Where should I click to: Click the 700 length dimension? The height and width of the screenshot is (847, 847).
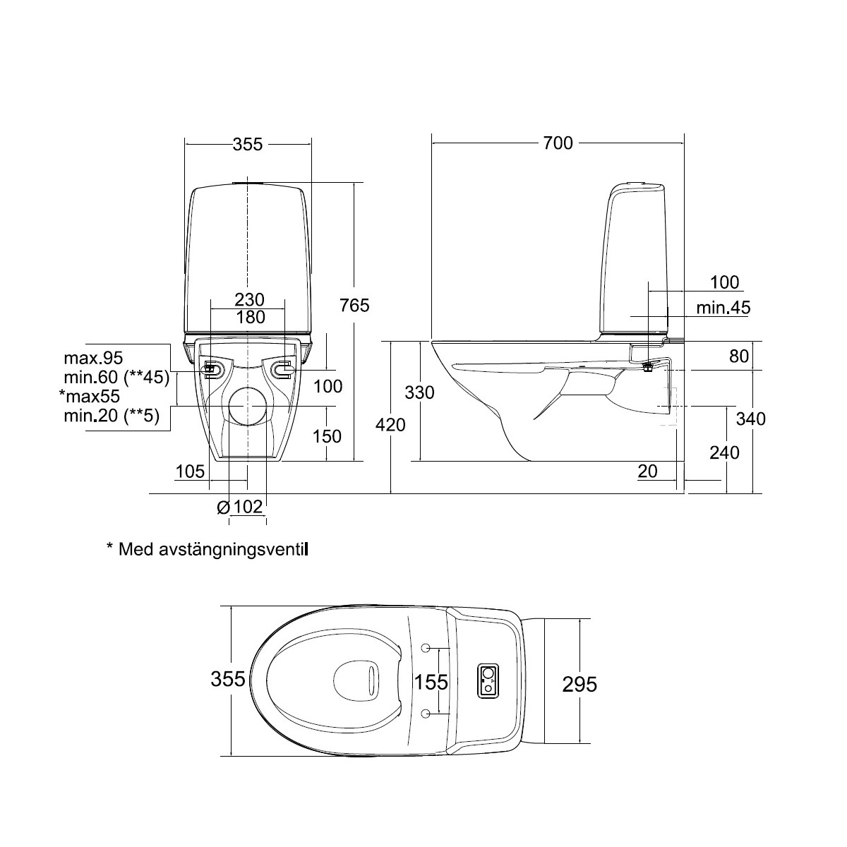click(558, 143)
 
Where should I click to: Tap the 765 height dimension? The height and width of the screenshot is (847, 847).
click(354, 305)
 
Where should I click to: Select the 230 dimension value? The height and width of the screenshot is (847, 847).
click(249, 300)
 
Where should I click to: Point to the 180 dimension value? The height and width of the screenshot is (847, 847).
click(251, 317)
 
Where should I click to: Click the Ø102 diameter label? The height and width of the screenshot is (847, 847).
click(239, 507)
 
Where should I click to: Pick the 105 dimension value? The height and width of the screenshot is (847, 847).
click(190, 471)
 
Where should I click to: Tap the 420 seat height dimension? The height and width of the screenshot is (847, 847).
click(390, 425)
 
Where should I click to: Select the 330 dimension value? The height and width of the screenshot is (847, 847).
click(419, 392)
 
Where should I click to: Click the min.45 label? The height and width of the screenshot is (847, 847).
click(723, 308)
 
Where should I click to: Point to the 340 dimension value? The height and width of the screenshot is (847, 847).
click(751, 419)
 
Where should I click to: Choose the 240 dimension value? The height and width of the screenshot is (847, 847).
click(724, 452)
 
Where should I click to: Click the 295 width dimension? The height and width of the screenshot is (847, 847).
click(579, 685)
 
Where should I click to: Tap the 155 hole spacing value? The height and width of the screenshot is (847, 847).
click(431, 682)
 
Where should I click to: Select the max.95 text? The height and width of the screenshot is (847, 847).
click(93, 358)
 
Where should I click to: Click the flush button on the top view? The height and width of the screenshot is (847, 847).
click(488, 680)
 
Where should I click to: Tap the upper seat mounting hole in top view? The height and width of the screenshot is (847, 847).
click(426, 648)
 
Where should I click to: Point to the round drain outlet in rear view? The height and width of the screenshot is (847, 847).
click(248, 406)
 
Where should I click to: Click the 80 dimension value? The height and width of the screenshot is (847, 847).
click(739, 356)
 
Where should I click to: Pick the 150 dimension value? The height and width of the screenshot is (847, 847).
click(327, 436)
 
